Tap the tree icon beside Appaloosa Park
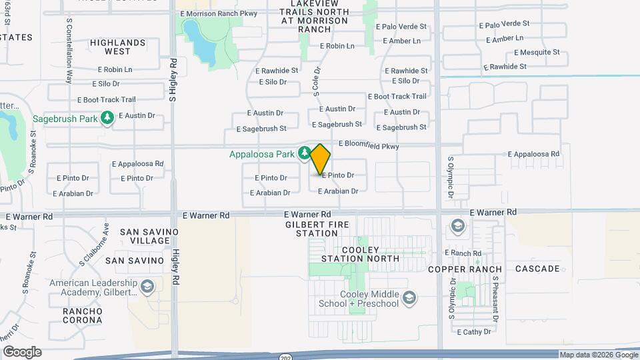[x=304, y=154]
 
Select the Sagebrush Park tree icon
[x=107, y=118]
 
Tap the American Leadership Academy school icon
[x=147, y=287]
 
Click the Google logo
[x=21, y=352]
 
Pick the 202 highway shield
[x=284, y=356]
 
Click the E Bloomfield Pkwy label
[x=368, y=144]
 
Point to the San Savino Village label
[x=149, y=236]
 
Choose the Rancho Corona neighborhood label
[x=83, y=315]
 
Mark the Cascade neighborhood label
[x=537, y=269]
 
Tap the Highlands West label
[x=118, y=47]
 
